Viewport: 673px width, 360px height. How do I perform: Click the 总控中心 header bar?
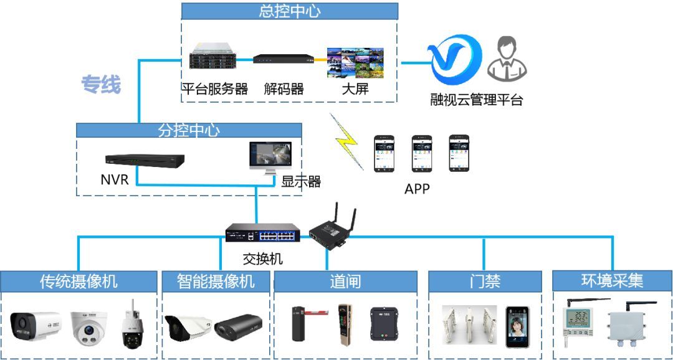[289, 11]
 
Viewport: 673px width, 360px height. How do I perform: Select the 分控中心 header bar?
[189, 130]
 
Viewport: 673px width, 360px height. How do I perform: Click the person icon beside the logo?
[507, 59]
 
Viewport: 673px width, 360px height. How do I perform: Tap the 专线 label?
[100, 85]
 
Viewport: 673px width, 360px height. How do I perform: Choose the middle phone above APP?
[421, 153]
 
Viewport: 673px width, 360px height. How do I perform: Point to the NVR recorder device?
[145, 161]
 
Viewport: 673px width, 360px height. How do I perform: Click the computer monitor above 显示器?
[269, 159]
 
